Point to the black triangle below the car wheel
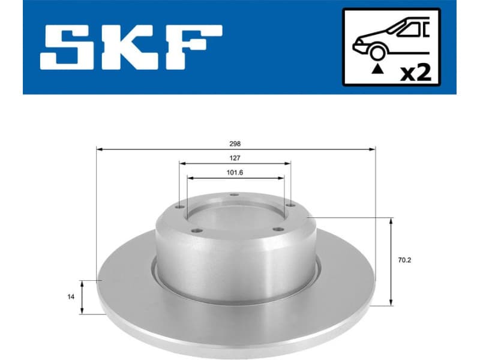[x=377, y=70]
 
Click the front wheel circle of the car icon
[x=377, y=55]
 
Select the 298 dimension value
[x=235, y=144]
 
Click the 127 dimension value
[x=235, y=158]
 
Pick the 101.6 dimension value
[x=235, y=173]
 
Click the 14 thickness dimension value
[x=71, y=296]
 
